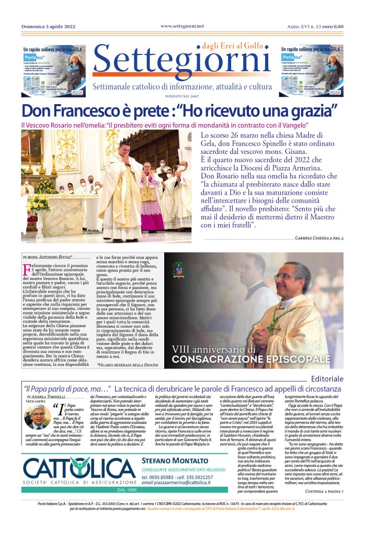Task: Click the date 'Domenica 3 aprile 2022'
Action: click(x=48, y=26)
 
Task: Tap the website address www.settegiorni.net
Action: click(x=182, y=26)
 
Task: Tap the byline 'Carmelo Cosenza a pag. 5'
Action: click(x=312, y=238)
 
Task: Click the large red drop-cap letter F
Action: click(x=27, y=270)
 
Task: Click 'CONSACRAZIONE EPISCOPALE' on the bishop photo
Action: click(x=251, y=360)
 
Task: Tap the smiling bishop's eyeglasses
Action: click(x=286, y=276)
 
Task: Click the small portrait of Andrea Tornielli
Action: click(x=38, y=417)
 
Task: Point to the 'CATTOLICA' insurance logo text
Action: click(x=78, y=468)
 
